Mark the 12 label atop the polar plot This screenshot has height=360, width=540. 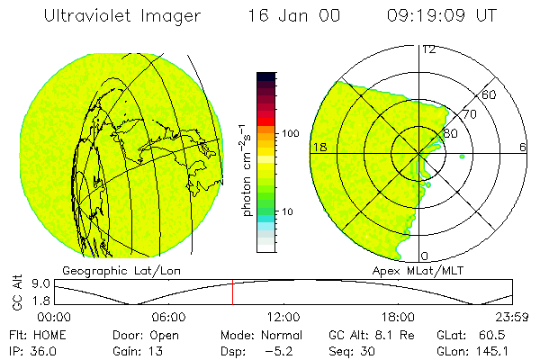coord(428,49)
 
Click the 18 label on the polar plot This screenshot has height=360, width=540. coord(318,147)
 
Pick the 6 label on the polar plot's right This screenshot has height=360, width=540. coord(523,147)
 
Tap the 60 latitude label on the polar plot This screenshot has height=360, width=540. coord(490,94)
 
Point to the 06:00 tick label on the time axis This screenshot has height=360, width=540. coord(168,317)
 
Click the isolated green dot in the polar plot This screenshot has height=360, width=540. coord(462,157)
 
